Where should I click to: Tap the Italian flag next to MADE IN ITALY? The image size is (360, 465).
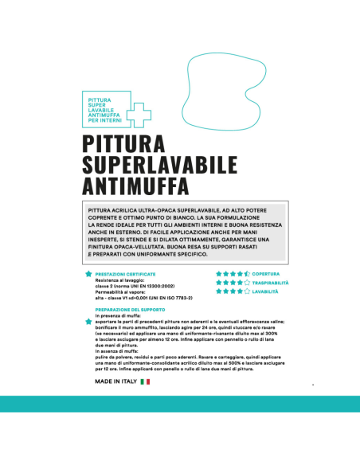point(145,382)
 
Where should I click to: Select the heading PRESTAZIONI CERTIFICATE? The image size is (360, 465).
point(125,274)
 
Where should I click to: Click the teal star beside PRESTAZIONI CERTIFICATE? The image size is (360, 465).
point(88,274)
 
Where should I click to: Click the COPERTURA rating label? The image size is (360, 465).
point(266,274)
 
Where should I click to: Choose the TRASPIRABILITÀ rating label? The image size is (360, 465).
point(271,283)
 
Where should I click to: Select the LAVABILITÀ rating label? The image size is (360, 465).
point(266,291)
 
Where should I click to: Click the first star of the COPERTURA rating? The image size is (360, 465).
point(219,274)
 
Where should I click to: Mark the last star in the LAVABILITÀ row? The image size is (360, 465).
point(247,291)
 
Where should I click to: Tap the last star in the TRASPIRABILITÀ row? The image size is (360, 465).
point(247,283)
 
